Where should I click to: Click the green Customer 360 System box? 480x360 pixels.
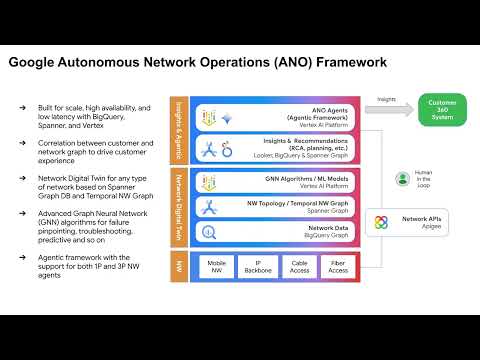(x=441, y=109)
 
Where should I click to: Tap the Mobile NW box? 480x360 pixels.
(x=216, y=267)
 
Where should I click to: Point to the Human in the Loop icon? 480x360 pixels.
(x=402, y=179)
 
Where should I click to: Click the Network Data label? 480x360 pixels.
(x=329, y=228)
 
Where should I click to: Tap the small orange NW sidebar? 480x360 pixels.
(x=179, y=267)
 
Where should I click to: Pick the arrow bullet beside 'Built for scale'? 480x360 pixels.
(x=23, y=105)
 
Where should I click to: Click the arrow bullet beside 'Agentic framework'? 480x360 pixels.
(x=23, y=255)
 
